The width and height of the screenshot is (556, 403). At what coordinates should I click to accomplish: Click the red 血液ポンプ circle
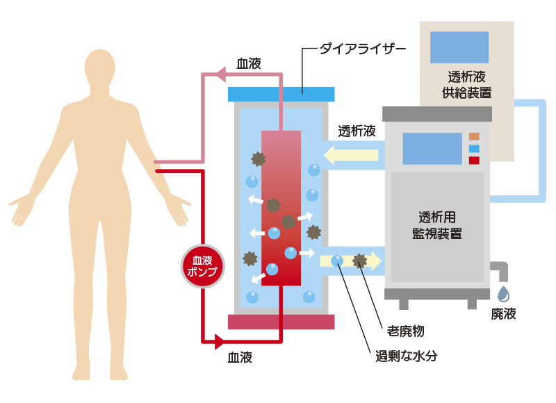(202, 266)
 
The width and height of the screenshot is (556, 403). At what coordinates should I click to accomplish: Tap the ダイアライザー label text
(361, 50)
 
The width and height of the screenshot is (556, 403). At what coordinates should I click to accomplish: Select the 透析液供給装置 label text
(466, 83)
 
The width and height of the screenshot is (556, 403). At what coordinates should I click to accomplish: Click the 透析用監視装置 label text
(437, 224)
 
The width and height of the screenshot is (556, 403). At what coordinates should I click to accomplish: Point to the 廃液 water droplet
(503, 294)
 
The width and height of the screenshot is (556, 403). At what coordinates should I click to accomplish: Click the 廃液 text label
(504, 313)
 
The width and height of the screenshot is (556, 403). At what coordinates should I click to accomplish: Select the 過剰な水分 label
(406, 358)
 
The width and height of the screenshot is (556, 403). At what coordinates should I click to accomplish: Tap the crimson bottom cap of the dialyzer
(281, 322)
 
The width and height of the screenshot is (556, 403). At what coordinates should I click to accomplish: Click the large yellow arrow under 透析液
(351, 154)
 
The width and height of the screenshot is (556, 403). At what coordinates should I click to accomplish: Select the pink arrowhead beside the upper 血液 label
(219, 73)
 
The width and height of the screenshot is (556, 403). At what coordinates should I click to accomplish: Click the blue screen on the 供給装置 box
(459, 47)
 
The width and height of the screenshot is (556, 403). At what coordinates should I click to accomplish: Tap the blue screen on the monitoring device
(432, 148)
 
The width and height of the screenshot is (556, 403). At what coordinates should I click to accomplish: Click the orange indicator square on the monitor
(475, 136)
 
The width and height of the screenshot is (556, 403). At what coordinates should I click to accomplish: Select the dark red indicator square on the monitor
(475, 161)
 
